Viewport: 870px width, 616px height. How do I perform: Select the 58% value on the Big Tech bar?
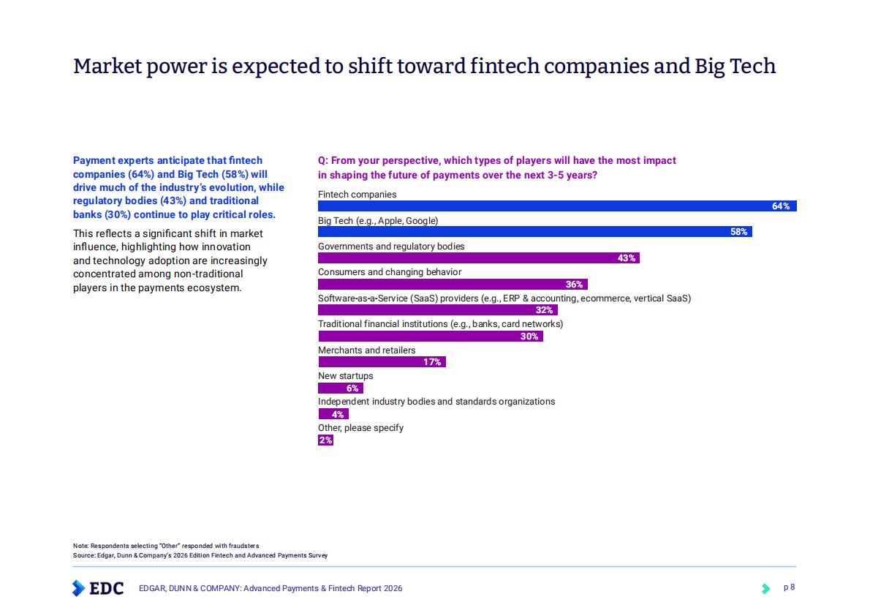[738, 232]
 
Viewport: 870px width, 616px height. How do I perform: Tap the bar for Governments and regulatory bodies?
[478, 258]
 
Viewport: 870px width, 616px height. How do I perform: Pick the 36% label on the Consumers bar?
[574, 285]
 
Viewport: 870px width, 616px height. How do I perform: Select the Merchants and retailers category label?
[366, 350]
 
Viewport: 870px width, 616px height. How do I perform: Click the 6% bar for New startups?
[340, 388]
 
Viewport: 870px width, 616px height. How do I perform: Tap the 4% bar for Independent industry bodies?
[333, 414]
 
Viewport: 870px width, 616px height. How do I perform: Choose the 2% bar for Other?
[325, 440]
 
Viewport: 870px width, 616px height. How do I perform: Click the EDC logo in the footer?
[98, 588]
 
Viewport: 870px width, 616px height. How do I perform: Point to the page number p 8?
[789, 587]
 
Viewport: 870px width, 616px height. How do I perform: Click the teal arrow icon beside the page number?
[765, 588]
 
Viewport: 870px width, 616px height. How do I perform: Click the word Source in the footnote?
[83, 555]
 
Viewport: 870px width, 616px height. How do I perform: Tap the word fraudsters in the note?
[243, 546]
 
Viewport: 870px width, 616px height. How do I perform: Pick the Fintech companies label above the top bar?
[357, 195]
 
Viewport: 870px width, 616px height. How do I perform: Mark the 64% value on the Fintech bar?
[781, 206]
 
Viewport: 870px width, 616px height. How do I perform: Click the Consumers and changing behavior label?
[389, 272]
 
